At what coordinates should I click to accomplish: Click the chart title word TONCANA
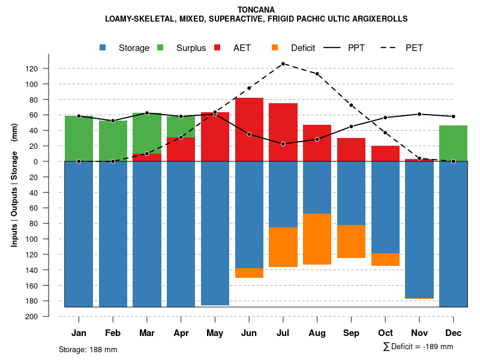256,10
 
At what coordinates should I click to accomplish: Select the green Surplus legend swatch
160,48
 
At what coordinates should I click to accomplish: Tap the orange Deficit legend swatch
275,48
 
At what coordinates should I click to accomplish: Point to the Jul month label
283,333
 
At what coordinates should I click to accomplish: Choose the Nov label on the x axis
419,333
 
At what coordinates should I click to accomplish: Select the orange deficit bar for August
317,239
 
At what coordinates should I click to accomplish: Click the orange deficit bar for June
249,273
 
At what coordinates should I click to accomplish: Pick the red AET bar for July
283,132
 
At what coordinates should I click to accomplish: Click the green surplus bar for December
453,143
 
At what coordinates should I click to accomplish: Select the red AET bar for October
385,154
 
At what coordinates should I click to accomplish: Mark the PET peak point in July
283,64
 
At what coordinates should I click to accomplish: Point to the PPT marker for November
419,114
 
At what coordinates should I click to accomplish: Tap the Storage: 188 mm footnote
88,349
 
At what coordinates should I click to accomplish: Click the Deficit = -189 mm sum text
418,347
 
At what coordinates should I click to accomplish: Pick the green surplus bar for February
113,140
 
